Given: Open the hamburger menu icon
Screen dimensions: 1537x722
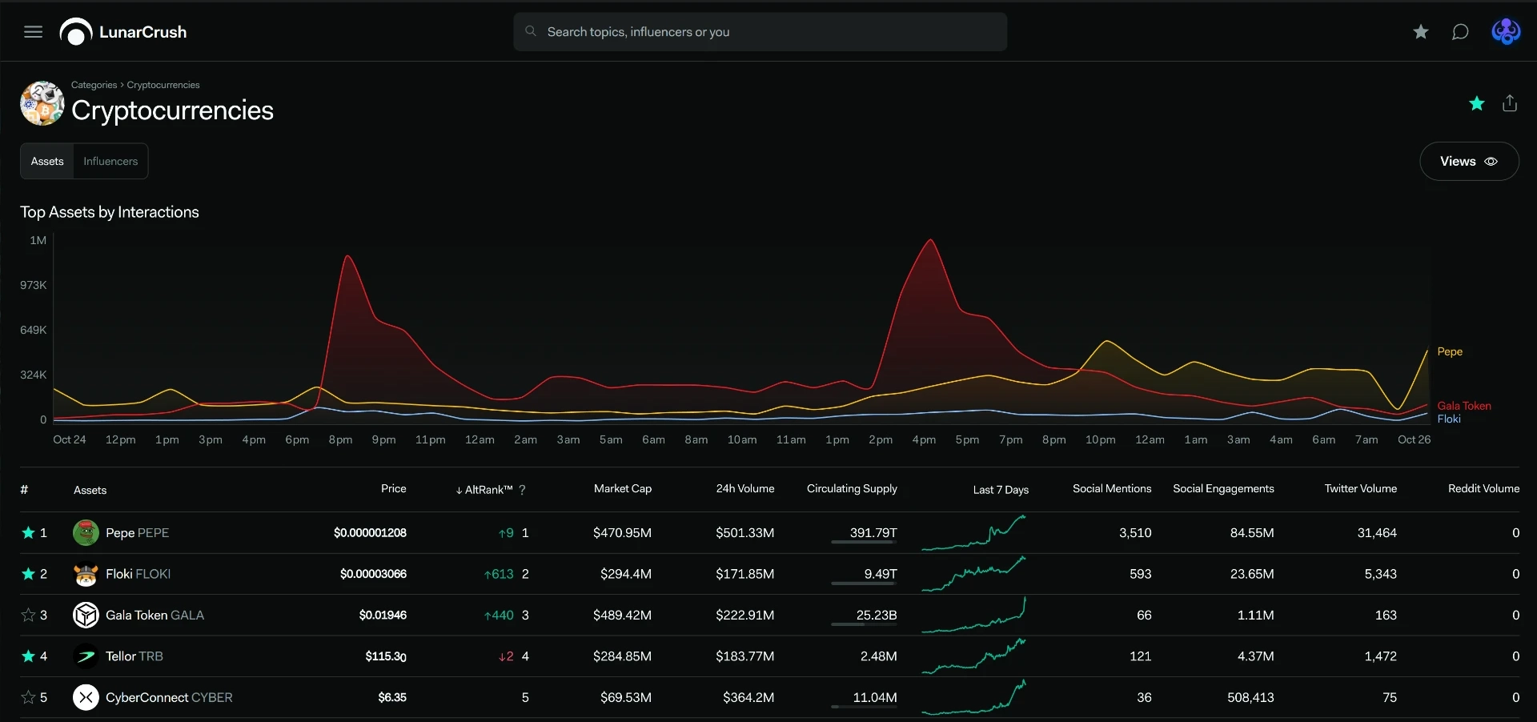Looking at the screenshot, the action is coord(33,32).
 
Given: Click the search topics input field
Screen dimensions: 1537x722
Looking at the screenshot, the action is coord(760,32).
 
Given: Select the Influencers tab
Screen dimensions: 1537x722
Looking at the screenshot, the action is coord(110,161).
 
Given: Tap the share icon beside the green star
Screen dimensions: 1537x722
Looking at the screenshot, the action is coord(1510,103).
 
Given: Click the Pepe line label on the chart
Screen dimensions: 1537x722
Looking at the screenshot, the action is coord(1450,351).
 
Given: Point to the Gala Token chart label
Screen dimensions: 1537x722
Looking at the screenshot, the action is coord(1464,406).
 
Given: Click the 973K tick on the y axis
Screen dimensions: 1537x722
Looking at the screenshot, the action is coord(34,285).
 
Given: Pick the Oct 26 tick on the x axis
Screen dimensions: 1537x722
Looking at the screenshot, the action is coord(1414,439).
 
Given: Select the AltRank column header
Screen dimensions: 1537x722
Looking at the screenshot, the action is coord(488,490).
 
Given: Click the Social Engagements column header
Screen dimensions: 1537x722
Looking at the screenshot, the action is coord(1223,488).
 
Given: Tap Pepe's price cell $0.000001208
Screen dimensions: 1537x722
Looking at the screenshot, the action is coord(370,533).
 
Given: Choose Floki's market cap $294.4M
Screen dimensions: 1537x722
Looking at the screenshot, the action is coord(626,574).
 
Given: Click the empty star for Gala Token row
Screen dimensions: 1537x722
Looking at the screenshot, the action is coord(28,615).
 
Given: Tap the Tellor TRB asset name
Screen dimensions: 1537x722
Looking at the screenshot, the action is coord(134,656).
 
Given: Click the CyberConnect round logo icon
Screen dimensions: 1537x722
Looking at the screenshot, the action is coord(86,697).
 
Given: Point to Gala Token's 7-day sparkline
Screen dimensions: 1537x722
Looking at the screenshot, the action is coord(973,615).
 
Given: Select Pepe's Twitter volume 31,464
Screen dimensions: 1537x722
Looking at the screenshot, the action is coord(1377,533).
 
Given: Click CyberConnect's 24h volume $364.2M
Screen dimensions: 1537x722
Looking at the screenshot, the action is coord(748,697).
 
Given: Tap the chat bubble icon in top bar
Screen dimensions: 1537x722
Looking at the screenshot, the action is coord(1460,32).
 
